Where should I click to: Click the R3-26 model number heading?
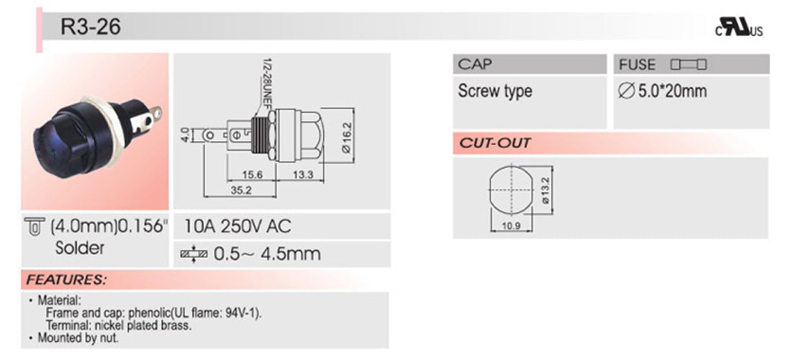point(81,27)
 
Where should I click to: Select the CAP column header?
point(475,65)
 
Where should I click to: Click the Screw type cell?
point(495,91)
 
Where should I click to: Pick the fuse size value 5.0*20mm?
point(663,91)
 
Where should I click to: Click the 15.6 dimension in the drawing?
point(252,175)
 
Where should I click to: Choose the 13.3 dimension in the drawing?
point(303,175)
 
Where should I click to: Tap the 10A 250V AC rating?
point(238,227)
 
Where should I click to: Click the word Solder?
point(79,248)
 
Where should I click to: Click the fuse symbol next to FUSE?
point(689,65)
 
